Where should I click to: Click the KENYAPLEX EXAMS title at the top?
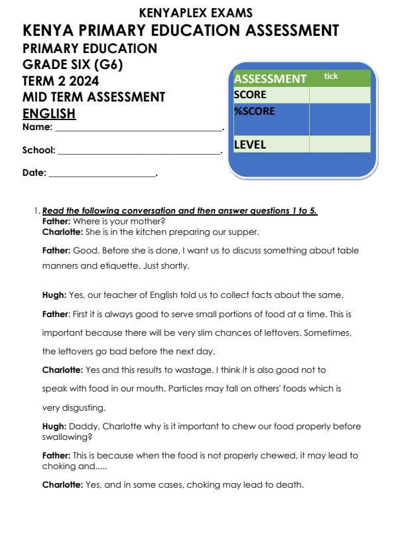197,13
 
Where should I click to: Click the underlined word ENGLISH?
49,114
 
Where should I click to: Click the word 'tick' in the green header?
330,77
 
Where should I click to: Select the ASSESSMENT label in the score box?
270,79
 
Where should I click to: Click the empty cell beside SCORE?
339,96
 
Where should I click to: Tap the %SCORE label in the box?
254,111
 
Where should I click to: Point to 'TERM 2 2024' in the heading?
60,81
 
